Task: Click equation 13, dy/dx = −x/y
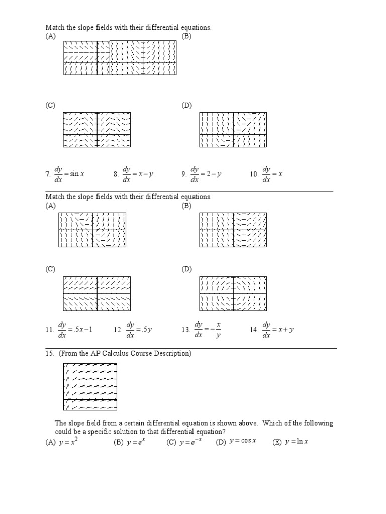coord(207,329)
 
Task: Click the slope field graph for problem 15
coord(90,387)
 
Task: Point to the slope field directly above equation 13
coord(233,294)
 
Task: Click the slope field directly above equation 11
coord(96,294)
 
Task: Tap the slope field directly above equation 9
coord(233,130)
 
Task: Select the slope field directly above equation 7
coord(96,130)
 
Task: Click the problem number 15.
coord(50,354)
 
